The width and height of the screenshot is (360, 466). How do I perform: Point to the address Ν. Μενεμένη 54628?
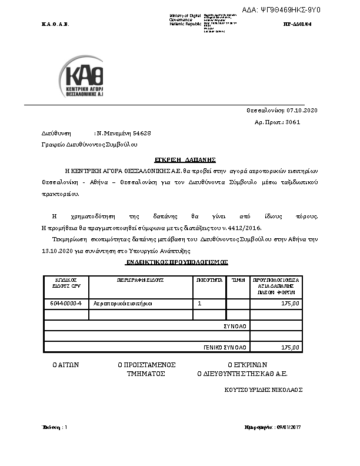(x=124, y=134)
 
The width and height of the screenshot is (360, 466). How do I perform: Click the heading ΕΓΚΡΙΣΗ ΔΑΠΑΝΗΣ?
(x=185, y=159)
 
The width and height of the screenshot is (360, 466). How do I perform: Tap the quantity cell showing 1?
(x=200, y=304)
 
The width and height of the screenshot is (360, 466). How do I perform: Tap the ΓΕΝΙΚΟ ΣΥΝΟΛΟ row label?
(x=225, y=347)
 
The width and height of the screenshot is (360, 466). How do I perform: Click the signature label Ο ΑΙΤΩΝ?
(x=66, y=364)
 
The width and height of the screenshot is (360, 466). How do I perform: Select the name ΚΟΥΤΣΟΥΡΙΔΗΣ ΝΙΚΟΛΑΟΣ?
(x=263, y=390)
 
